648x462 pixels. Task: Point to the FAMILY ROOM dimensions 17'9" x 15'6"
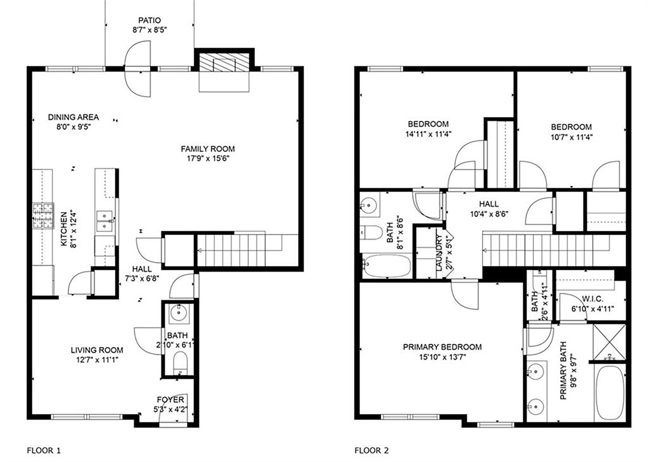[x=208, y=159]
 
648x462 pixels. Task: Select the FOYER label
[x=170, y=400]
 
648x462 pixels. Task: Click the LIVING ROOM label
[x=97, y=350]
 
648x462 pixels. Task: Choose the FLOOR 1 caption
[x=44, y=450]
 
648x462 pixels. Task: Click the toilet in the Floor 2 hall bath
[x=371, y=232]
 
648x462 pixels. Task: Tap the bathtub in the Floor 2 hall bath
[x=387, y=265]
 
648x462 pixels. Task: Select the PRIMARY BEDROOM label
[x=442, y=347]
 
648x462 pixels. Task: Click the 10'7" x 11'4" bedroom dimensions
[x=571, y=137]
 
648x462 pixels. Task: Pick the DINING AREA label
[x=74, y=117]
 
